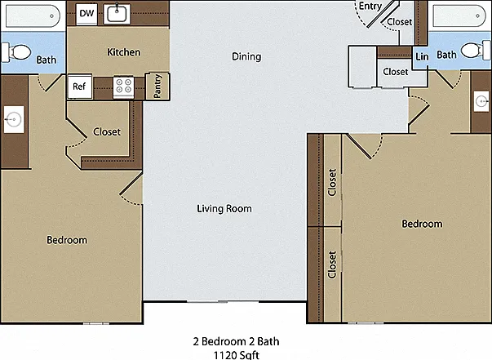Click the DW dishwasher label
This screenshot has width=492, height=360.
pos(86,13)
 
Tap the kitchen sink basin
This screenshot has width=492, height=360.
pos(117,14)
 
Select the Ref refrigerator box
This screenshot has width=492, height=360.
pos(80,87)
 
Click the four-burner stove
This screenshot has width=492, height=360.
pos(123,86)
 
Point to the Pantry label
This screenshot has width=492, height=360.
pos(157,86)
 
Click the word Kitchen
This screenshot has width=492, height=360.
pos(124,52)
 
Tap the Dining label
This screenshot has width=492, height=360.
pos(246,56)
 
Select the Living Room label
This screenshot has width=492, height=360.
pos(224,209)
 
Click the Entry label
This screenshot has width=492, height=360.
pos(370,7)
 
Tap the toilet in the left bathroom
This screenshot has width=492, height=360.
pos(17,52)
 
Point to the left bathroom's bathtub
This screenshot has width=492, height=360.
pos(33,16)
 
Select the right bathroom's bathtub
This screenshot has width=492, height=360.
pos(459,16)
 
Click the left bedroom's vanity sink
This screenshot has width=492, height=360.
pos(14,119)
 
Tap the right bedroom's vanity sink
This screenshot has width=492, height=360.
pos(481,101)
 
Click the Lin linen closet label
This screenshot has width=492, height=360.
pos(422,56)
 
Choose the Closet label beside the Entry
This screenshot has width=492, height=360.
pos(400,22)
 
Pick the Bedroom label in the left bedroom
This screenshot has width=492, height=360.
pos(67,240)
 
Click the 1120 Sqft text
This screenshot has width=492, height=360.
pos(237,355)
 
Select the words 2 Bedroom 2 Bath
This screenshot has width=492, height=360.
pos(236,341)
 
